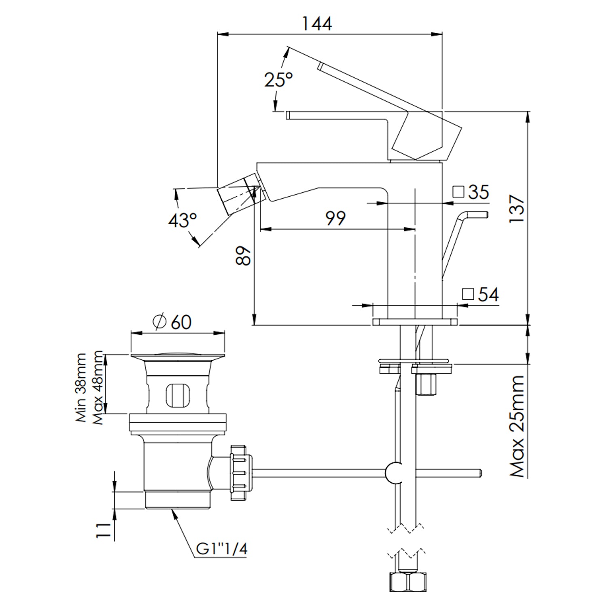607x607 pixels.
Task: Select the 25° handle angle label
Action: coord(278,80)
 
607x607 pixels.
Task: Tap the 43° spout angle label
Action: coord(183,221)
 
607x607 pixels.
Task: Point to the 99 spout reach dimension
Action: coord(335,219)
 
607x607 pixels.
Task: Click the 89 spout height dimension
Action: coord(244,256)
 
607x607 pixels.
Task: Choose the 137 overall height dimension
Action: coord(517,208)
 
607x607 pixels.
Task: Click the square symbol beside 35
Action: coord(458,191)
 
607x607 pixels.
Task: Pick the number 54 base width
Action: coord(488,294)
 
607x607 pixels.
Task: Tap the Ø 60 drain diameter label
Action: coord(172,322)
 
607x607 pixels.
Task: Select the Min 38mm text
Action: coord(81,388)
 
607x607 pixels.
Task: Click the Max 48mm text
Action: coord(98,388)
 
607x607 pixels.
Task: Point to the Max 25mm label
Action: coord(517,426)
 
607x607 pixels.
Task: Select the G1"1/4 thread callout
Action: coord(222,549)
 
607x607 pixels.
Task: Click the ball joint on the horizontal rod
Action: coord(394,473)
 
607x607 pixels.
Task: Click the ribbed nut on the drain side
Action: coord(240,473)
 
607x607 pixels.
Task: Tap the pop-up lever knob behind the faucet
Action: coord(478,214)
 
